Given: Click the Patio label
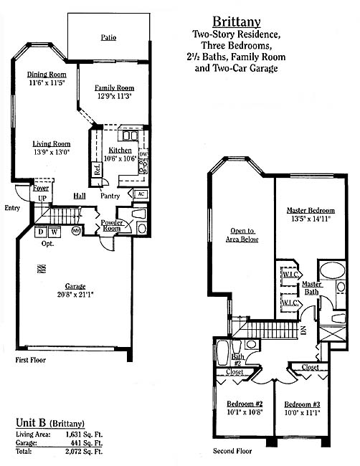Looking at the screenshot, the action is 108,38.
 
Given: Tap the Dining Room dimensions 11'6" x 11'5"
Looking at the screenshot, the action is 47,82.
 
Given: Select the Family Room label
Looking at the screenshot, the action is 115,88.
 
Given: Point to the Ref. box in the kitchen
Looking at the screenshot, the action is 97,169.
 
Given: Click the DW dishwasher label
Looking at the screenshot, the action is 143,154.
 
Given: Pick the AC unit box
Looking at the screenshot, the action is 141,194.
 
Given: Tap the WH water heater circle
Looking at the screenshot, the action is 76,231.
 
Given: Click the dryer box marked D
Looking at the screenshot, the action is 41,232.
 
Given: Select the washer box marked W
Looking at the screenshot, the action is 54,232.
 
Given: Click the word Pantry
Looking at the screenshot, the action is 110,196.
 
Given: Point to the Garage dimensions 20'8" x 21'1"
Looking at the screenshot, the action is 75,295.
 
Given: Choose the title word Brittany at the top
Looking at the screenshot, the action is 237,22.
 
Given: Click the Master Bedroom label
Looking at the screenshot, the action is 311,210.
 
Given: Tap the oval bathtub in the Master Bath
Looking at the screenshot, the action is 333,270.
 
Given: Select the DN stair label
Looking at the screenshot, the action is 303,331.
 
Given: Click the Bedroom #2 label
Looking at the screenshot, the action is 245,404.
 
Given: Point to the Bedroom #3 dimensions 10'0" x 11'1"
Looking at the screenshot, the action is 302,413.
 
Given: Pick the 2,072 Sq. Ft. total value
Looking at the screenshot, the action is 84,452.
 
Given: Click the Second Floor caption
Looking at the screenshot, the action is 232,451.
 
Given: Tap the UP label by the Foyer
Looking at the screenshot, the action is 42,198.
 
